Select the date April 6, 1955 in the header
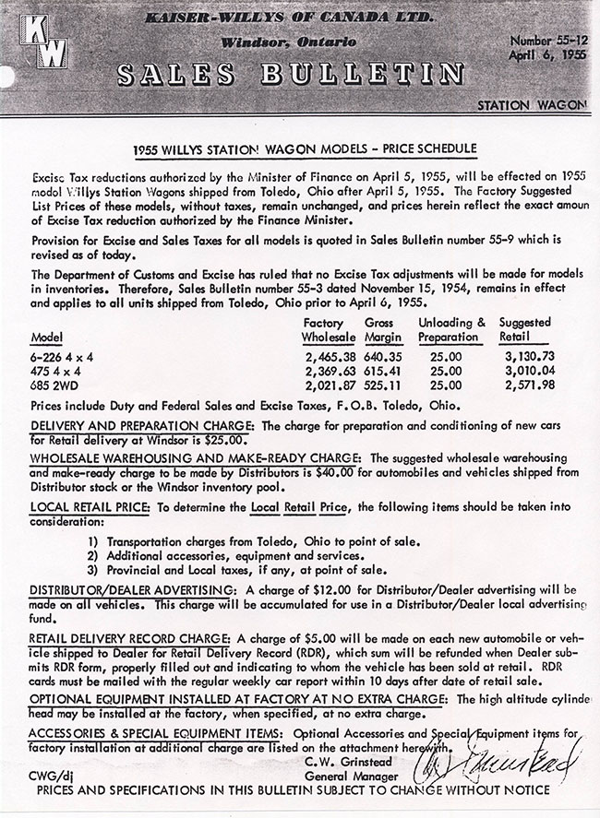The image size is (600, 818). click(x=546, y=55)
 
